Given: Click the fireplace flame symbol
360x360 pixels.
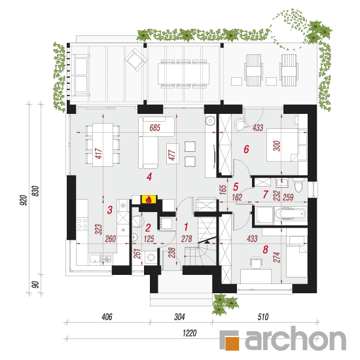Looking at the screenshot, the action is [149, 199].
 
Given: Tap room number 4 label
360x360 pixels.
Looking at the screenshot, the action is [149, 177].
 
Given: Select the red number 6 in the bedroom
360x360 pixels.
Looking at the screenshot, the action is [246, 149].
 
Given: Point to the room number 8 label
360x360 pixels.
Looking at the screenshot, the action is [265, 249].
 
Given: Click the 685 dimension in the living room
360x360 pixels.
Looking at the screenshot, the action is [154, 128].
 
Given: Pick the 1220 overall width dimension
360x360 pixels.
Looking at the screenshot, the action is [190, 333].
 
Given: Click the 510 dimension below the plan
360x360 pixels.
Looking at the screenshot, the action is [263, 317].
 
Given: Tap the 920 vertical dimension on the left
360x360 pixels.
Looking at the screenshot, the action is [23, 200].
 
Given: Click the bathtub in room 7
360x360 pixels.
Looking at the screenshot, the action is [291, 214].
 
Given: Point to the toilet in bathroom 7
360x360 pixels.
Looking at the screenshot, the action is [298, 186].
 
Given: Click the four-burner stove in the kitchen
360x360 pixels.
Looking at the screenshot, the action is [82, 224].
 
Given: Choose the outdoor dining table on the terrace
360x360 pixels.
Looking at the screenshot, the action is [183, 74].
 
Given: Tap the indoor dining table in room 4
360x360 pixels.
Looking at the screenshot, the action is [103, 145].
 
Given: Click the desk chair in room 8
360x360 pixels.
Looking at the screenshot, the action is [256, 262].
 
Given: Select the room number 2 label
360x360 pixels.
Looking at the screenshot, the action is [148, 228].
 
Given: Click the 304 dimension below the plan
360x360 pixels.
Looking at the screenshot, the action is [179, 317].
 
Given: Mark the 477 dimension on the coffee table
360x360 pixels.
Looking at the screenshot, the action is [171, 155].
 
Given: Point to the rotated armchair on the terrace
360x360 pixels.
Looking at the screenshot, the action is [135, 60].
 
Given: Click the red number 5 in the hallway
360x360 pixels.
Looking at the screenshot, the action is [236, 187].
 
